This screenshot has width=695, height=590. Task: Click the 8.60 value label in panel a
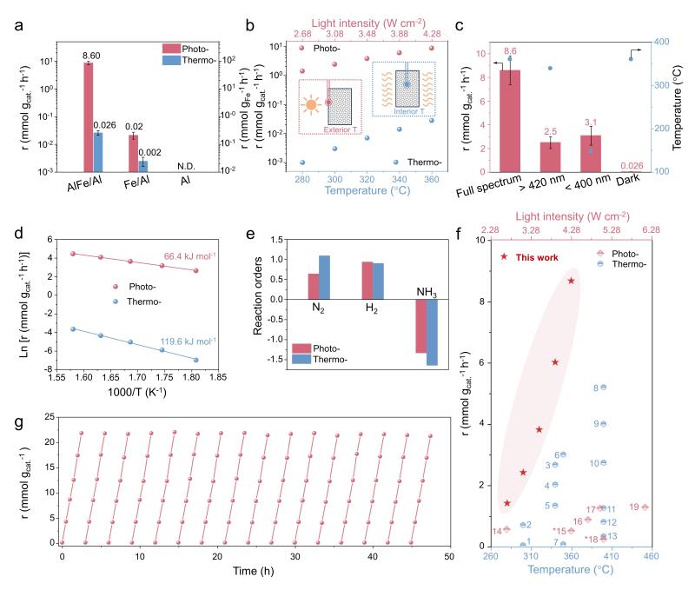(x=88, y=55)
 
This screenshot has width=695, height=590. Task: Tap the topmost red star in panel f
(x=572, y=281)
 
